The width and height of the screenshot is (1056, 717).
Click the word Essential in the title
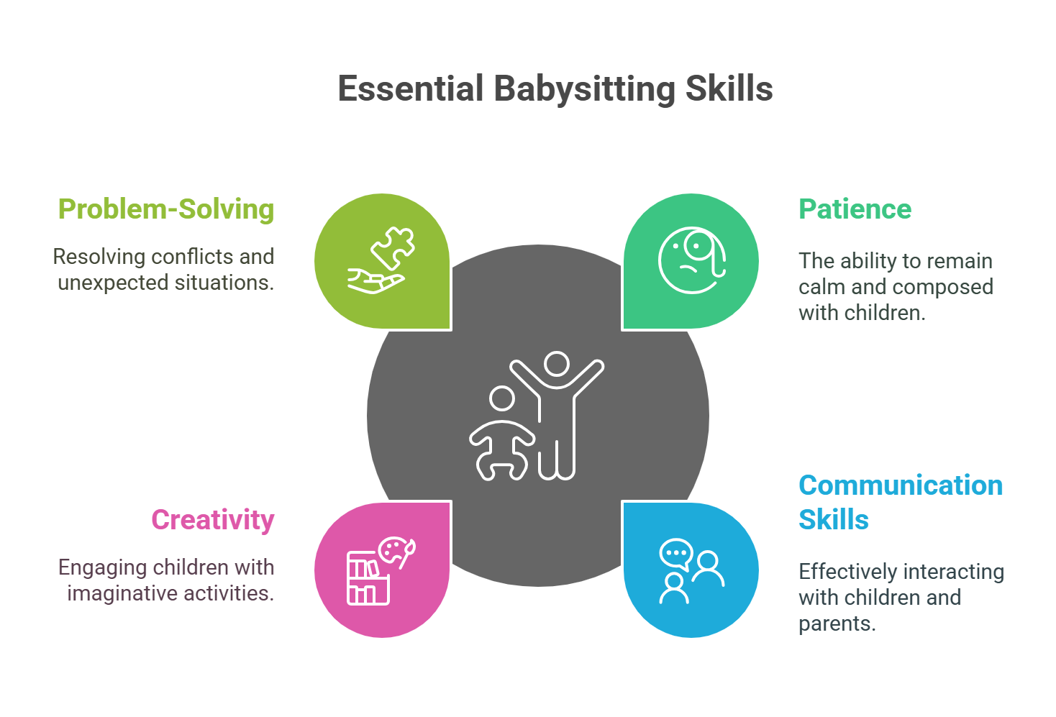(411, 89)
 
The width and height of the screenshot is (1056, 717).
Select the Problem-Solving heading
(166, 209)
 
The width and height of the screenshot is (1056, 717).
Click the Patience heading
(855, 209)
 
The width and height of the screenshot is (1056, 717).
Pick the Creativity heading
(213, 520)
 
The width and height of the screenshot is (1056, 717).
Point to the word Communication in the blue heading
(901, 485)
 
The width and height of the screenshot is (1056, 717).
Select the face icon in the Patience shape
(689, 261)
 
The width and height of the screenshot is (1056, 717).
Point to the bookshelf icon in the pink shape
(367, 579)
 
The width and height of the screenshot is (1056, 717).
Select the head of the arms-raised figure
(557, 363)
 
